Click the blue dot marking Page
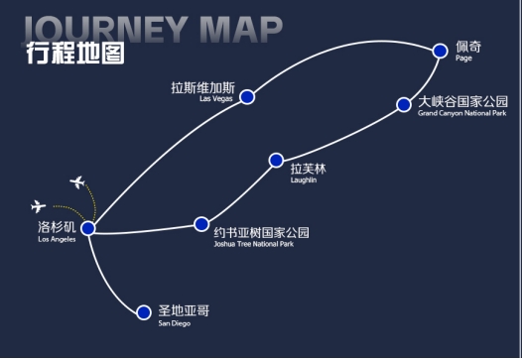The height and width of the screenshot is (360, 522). pyautogui.click(x=440, y=51)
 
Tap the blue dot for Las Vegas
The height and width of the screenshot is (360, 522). pyautogui.click(x=247, y=97)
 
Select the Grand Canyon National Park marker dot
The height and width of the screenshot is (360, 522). pyautogui.click(x=404, y=105)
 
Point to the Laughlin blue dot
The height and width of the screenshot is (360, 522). pyautogui.click(x=276, y=161)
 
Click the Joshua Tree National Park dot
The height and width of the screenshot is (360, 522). pyautogui.click(x=201, y=224)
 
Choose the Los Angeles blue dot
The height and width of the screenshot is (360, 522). pyautogui.click(x=88, y=228)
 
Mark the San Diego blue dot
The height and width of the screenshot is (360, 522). pyautogui.click(x=144, y=312)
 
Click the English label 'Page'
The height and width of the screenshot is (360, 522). pyautogui.click(x=463, y=59)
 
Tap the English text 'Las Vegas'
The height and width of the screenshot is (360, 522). pyautogui.click(x=216, y=98)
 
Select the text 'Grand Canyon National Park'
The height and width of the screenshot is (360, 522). pyautogui.click(x=462, y=113)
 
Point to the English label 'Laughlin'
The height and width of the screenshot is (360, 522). pyautogui.click(x=304, y=180)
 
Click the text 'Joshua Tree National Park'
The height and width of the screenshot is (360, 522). pyautogui.click(x=254, y=244)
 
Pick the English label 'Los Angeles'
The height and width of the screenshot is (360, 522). pyautogui.click(x=57, y=239)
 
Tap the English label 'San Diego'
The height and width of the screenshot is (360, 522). pyautogui.click(x=175, y=323)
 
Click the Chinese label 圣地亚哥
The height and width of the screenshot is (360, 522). pyautogui.click(x=184, y=310)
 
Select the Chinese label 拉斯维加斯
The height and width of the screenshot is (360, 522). pyautogui.click(x=203, y=88)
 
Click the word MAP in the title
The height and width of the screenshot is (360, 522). pyautogui.click(x=241, y=30)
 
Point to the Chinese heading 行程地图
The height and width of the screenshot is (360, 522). pyautogui.click(x=75, y=53)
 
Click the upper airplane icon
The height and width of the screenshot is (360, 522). pyautogui.click(x=77, y=182)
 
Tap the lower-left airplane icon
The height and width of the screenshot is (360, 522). pyautogui.click(x=39, y=206)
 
